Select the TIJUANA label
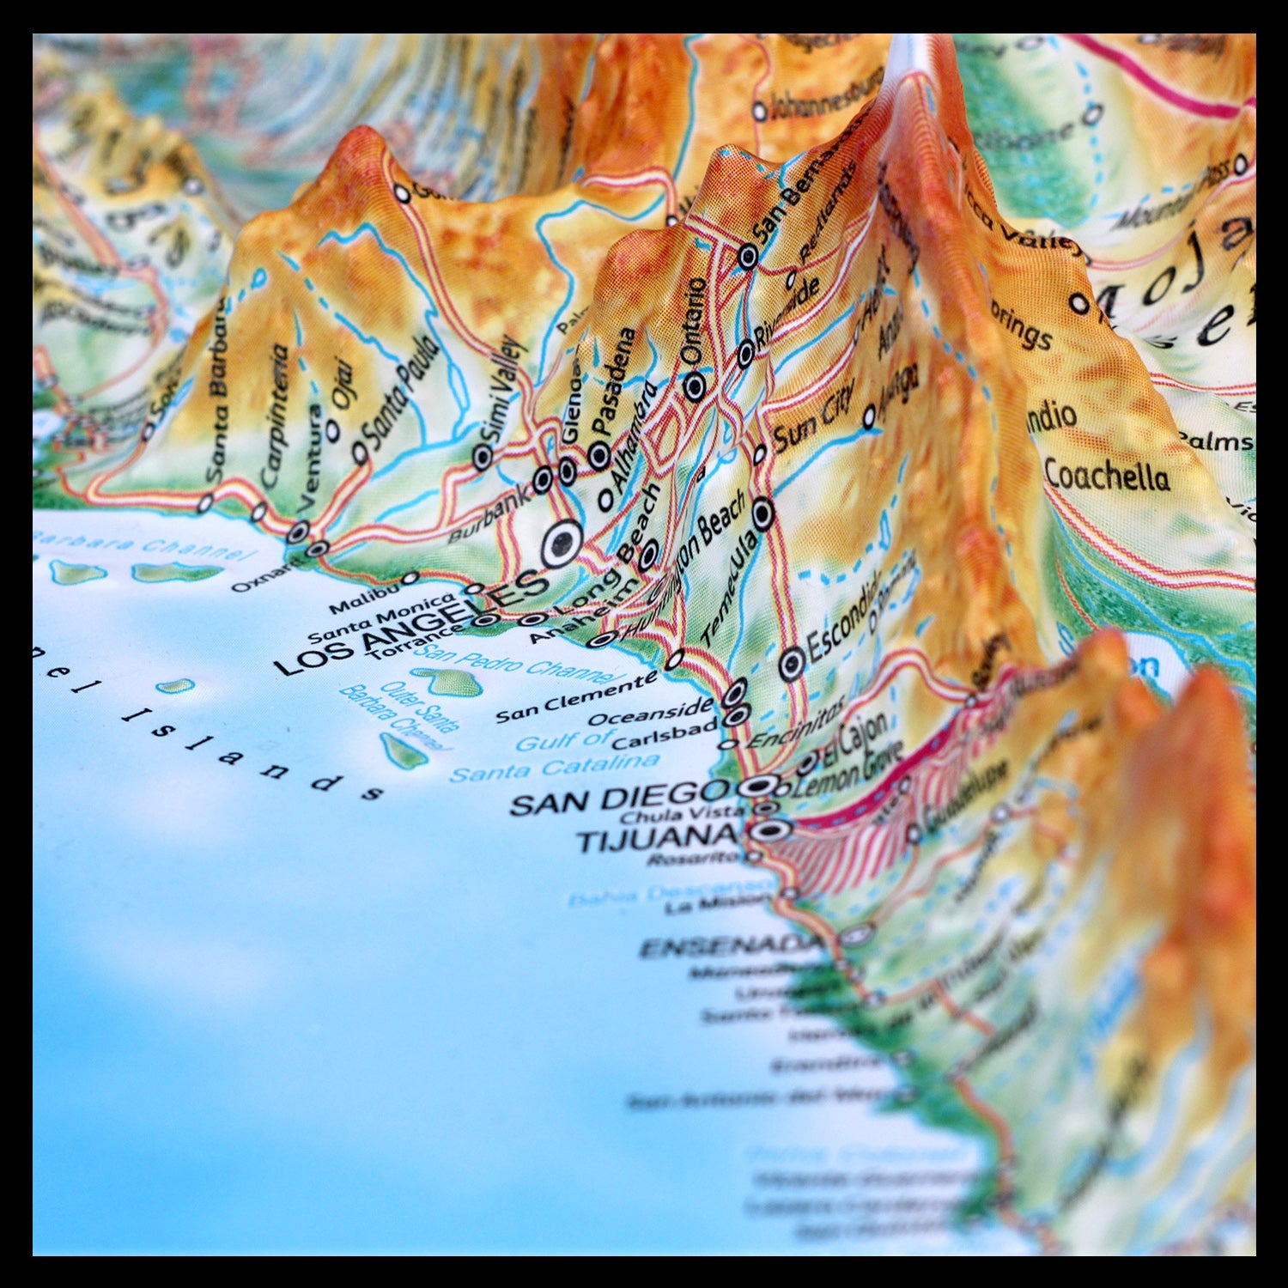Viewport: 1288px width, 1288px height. click(x=657, y=837)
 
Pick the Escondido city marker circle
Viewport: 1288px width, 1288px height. click(x=792, y=663)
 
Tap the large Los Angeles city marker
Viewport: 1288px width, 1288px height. click(x=561, y=544)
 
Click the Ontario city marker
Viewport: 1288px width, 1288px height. click(x=695, y=386)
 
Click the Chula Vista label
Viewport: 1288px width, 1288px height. click(x=683, y=813)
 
